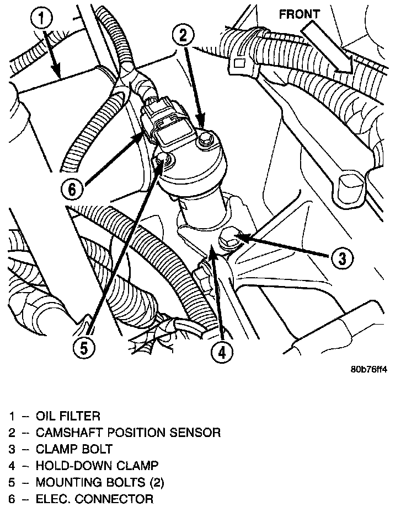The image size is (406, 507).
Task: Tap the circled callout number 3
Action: tap(342, 257)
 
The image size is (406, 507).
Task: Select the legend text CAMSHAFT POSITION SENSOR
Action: tap(128, 432)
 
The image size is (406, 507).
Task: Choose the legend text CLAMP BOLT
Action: tap(74, 449)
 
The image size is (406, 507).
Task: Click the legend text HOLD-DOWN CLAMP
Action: tap(89, 466)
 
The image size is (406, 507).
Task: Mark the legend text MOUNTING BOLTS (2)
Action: tap(99, 483)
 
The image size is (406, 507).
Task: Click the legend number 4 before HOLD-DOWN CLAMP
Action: tap(12, 466)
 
